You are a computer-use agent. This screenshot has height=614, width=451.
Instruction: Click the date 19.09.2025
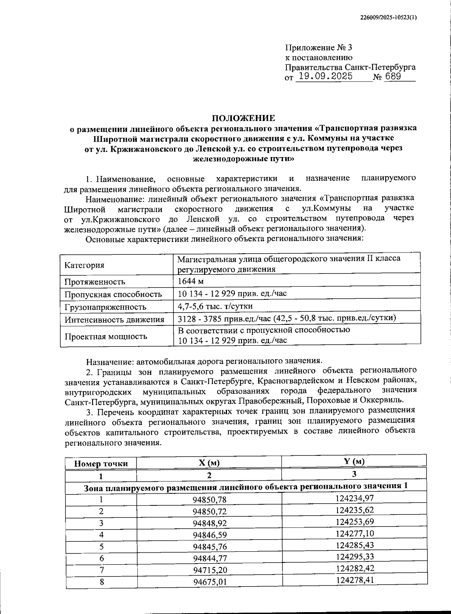[324, 77]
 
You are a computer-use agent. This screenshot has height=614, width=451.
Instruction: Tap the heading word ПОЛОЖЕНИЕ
[244, 118]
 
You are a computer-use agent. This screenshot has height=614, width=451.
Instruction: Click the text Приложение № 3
[319, 48]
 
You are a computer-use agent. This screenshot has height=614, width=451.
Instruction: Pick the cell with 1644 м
[191, 281]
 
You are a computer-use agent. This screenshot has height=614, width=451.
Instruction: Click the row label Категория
[84, 265]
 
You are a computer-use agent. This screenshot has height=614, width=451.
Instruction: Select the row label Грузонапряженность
[105, 307]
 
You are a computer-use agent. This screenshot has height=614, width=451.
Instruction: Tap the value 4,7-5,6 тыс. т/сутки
[215, 306]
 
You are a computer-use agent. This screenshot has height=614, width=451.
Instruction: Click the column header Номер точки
[101, 464]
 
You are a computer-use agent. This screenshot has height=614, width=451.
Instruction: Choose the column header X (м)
[209, 463]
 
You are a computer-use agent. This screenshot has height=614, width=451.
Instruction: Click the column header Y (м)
[354, 461]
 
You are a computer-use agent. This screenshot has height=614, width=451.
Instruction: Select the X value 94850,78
[210, 499]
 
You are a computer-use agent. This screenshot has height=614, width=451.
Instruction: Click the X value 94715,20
[210, 570]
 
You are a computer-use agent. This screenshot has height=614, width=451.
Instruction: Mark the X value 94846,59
[210, 535]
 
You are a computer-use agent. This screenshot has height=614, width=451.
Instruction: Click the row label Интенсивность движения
[114, 320]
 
